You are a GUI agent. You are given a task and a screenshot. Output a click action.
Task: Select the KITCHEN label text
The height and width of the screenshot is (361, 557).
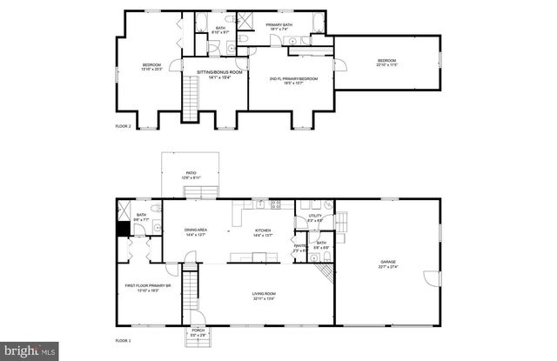click(263, 231)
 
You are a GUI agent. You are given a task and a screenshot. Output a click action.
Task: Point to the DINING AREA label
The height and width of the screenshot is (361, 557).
click(195, 231)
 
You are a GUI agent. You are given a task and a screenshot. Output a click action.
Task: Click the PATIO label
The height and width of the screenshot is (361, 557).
click(191, 173)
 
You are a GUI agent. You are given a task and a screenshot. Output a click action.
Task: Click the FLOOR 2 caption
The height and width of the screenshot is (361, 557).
click(123, 127)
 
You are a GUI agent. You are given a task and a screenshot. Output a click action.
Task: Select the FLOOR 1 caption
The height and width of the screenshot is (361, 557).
click(123, 340)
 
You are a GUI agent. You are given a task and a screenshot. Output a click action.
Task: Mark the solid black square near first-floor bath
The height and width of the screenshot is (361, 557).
click(124, 229)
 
